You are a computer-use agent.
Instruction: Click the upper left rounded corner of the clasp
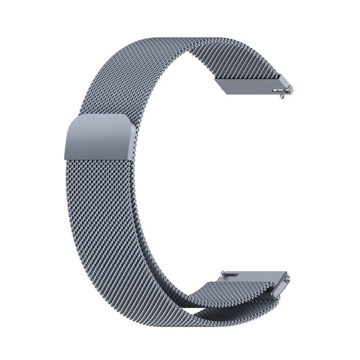(68, 124)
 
